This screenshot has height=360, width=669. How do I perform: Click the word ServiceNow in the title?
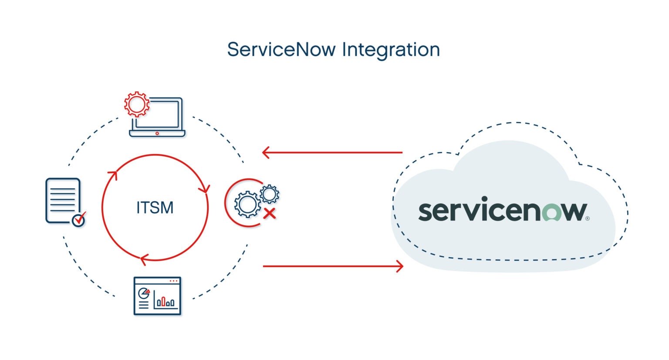pyautogui.click(x=281, y=50)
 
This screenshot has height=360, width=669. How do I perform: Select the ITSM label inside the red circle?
pyautogui.click(x=155, y=208)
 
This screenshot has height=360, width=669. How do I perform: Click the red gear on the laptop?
pyautogui.click(x=136, y=104)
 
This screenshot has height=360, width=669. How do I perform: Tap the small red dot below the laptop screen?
pyautogui.click(x=157, y=133)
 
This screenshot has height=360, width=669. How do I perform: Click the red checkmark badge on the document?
pyautogui.click(x=79, y=219)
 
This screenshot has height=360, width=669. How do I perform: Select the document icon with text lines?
pyautogui.click(x=63, y=200)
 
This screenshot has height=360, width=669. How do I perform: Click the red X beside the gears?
pyautogui.click(x=270, y=213)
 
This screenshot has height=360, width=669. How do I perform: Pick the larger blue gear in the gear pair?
pyautogui.click(x=247, y=204)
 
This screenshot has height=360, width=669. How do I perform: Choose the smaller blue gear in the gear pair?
pyautogui.click(x=269, y=194)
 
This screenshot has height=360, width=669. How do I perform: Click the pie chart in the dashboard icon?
pyautogui.click(x=143, y=293)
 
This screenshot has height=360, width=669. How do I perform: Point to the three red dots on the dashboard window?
pyautogui.click(x=173, y=281)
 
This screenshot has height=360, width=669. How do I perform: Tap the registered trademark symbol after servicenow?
pyautogui.click(x=587, y=219)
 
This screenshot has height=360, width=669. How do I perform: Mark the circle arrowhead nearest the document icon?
pyautogui.click(x=112, y=175)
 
